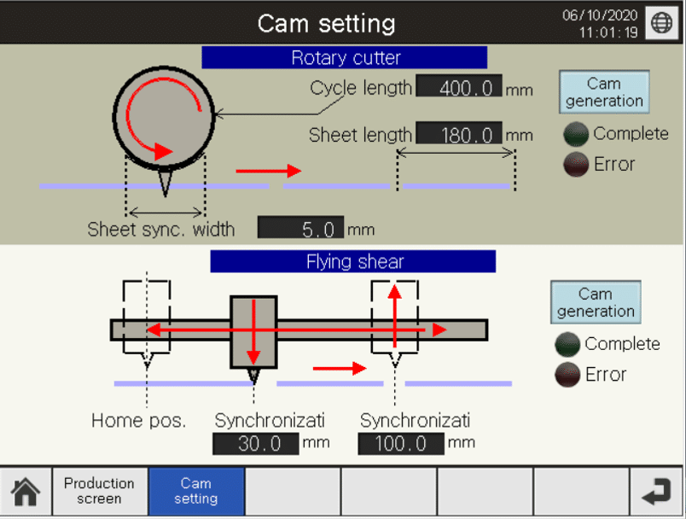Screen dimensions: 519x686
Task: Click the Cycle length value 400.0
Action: pyautogui.click(x=458, y=88)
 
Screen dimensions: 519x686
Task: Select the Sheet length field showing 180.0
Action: pyautogui.click(x=458, y=135)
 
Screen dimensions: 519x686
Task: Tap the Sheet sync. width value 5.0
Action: pyautogui.click(x=300, y=229)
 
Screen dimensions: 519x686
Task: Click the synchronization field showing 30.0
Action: pyautogui.click(x=255, y=444)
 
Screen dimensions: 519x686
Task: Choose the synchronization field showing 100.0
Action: pyautogui.click(x=401, y=444)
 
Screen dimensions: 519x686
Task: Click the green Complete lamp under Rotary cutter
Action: pyautogui.click(x=577, y=135)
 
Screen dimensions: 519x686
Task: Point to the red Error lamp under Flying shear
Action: pyautogui.click(x=567, y=375)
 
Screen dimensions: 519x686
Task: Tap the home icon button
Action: pyautogui.click(x=26, y=492)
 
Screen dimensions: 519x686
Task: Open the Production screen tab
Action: pyautogui.click(x=99, y=492)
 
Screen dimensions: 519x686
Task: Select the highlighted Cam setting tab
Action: pyautogui.click(x=196, y=492)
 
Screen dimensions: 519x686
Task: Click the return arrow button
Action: pyautogui.click(x=656, y=492)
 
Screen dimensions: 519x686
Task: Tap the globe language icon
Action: pyautogui.click(x=662, y=23)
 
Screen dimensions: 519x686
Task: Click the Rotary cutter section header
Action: pyautogui.click(x=345, y=58)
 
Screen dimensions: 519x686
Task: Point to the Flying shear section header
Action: pyautogui.click(x=353, y=262)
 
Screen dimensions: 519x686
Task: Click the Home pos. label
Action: pyautogui.click(x=138, y=421)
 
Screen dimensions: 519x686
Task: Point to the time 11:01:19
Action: pyautogui.click(x=608, y=32)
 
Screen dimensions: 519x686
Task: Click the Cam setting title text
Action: pyautogui.click(x=327, y=23)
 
